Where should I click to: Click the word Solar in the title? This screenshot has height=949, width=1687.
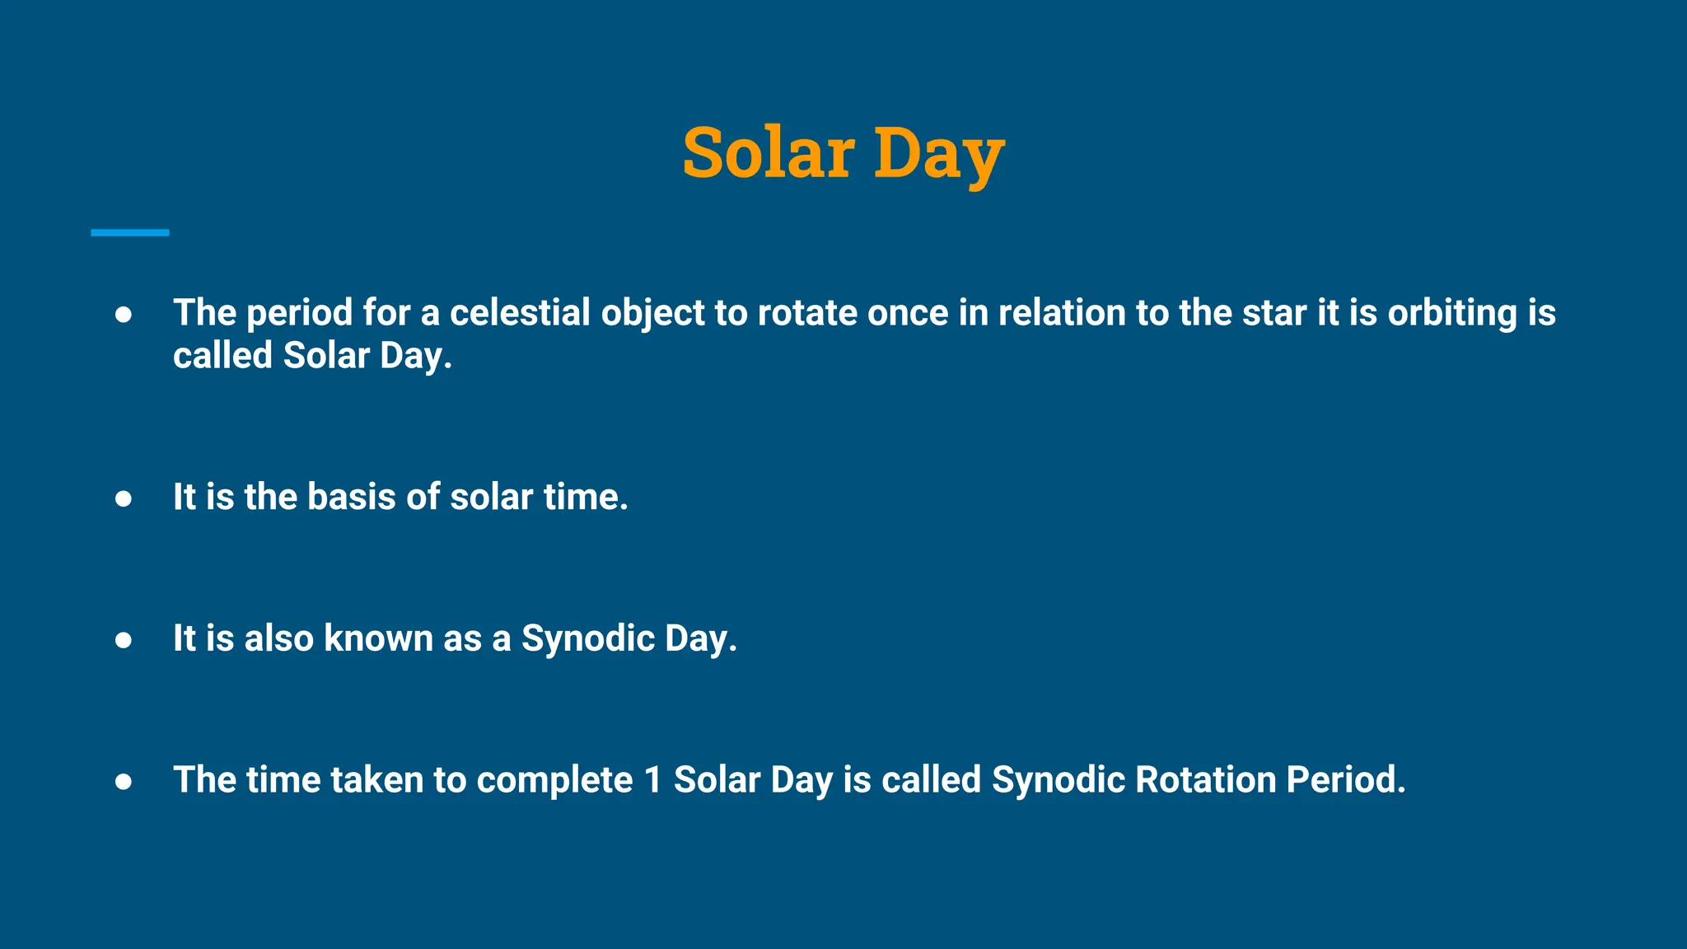click(768, 153)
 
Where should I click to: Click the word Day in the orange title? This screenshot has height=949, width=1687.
click(938, 155)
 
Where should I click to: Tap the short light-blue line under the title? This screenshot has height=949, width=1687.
click(129, 233)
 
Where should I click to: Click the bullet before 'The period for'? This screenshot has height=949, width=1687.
click(124, 314)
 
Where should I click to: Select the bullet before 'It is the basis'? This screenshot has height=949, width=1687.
click(124, 498)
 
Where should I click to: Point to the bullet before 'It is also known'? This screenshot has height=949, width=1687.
click(124, 639)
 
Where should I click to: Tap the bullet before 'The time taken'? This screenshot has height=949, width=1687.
click(124, 781)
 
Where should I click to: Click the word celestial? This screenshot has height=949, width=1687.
click(520, 313)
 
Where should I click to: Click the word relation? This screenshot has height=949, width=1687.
click(1062, 313)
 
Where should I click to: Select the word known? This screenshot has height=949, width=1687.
click(378, 638)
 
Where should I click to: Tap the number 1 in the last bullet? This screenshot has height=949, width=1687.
click(653, 780)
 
